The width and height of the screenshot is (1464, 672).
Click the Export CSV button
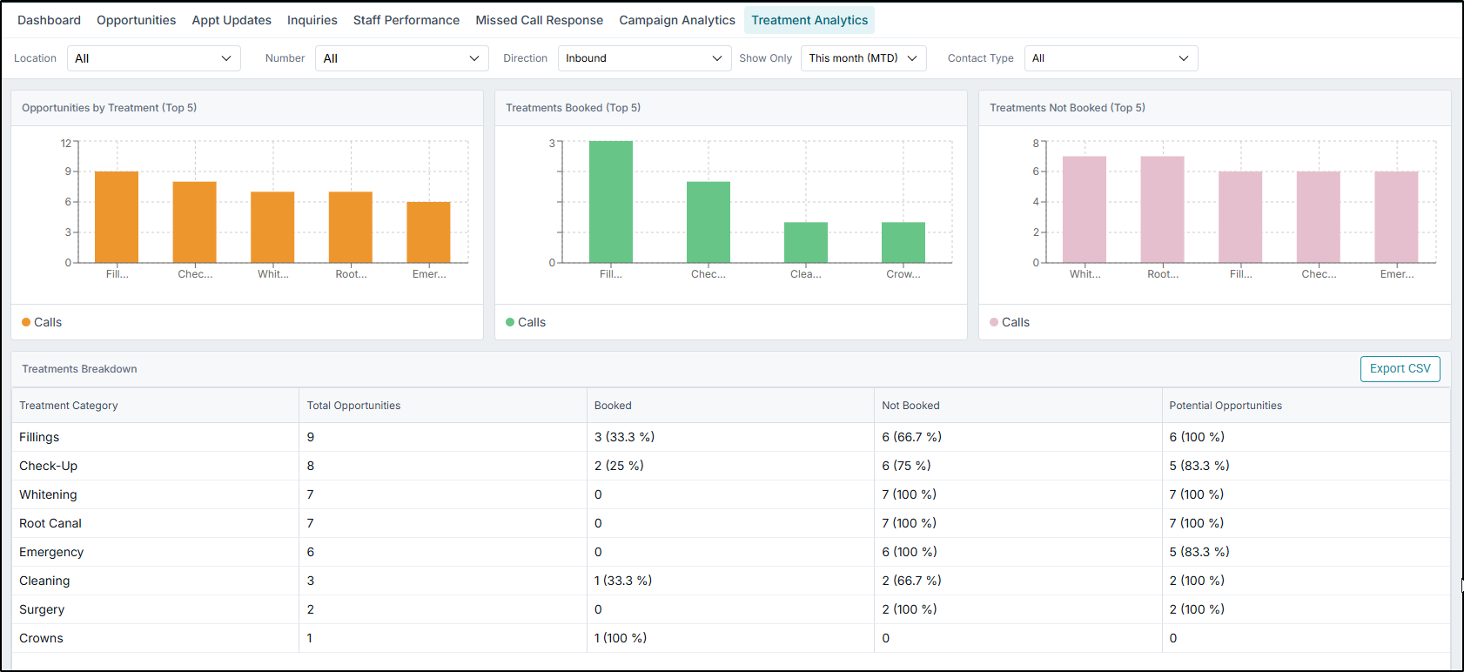(1400, 368)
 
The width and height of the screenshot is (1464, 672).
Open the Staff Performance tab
(406, 20)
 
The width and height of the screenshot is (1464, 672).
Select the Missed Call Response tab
(539, 20)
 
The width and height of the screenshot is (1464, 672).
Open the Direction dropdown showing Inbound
(644, 58)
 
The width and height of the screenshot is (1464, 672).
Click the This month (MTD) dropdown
(863, 58)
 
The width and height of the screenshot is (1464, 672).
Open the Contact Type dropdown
(1111, 58)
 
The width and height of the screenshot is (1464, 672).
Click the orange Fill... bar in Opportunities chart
(117, 218)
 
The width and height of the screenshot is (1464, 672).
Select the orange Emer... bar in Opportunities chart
(428, 232)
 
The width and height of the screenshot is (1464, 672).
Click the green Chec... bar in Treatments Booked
(708, 222)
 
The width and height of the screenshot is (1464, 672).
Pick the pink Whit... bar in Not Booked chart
(1084, 210)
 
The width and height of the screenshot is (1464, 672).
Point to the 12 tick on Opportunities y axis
(66, 143)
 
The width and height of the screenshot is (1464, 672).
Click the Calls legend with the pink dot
(1010, 322)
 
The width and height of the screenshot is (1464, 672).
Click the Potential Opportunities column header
(1225, 406)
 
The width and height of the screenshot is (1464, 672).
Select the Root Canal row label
(50, 523)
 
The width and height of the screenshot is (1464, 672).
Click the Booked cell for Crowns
(620, 638)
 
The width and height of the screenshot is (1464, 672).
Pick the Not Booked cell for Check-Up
(905, 466)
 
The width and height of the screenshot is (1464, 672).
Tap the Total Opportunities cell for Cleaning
(311, 581)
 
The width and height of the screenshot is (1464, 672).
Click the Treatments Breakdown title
(79, 369)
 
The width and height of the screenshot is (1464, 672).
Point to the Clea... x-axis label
(805, 274)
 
